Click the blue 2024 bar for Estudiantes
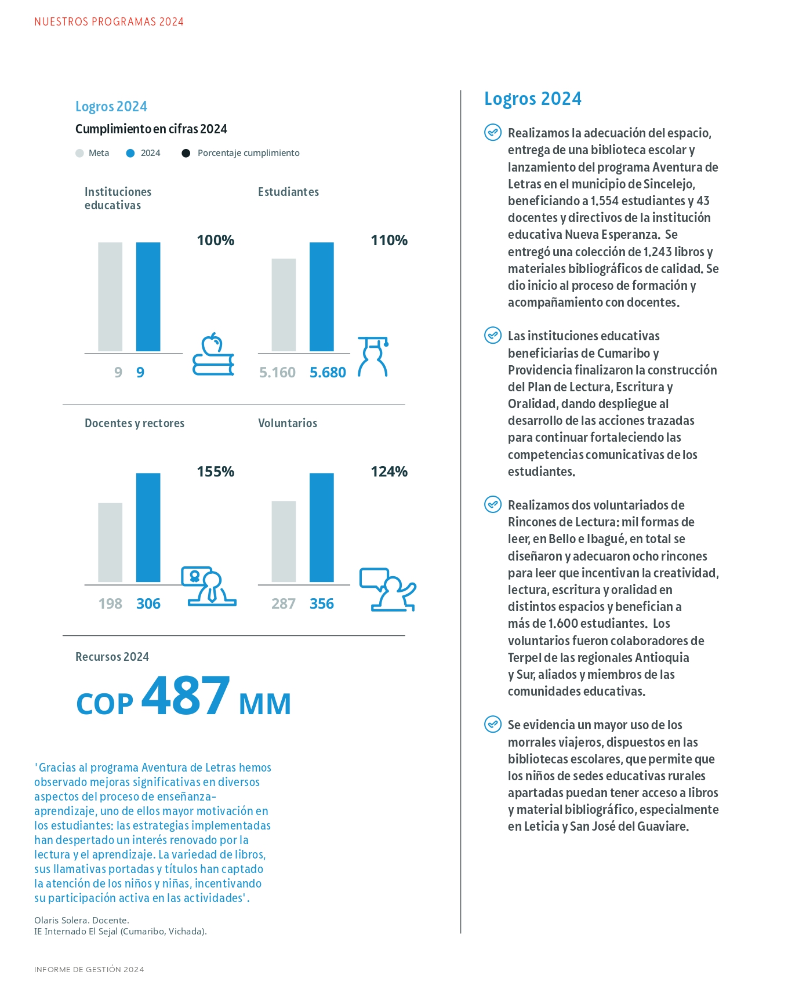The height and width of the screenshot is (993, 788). [x=321, y=297]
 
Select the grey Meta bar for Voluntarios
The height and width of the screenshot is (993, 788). [x=284, y=541]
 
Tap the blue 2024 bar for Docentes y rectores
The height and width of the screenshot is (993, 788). [x=148, y=528]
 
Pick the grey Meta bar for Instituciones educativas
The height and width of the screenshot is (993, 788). [x=110, y=297]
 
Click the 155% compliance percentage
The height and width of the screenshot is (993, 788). [x=216, y=471]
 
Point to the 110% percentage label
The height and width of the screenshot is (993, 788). [x=389, y=240]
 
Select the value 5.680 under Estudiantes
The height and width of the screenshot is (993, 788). [x=328, y=372]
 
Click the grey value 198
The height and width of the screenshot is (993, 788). [x=110, y=603]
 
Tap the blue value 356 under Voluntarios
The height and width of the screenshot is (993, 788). [x=322, y=603]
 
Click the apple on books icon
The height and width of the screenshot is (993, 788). [x=213, y=354]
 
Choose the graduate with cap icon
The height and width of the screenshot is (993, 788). [x=373, y=357]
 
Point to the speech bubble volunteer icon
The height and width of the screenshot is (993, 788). [x=388, y=590]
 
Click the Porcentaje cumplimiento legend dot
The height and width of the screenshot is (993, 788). [x=186, y=153]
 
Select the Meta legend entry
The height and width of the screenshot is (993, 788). [x=93, y=153]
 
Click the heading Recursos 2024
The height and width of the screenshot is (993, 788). [x=112, y=657]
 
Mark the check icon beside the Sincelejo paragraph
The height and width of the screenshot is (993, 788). [x=493, y=133]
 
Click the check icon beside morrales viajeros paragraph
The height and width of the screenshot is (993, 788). [x=493, y=725]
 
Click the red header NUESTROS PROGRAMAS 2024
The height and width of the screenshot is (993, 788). [x=109, y=22]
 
